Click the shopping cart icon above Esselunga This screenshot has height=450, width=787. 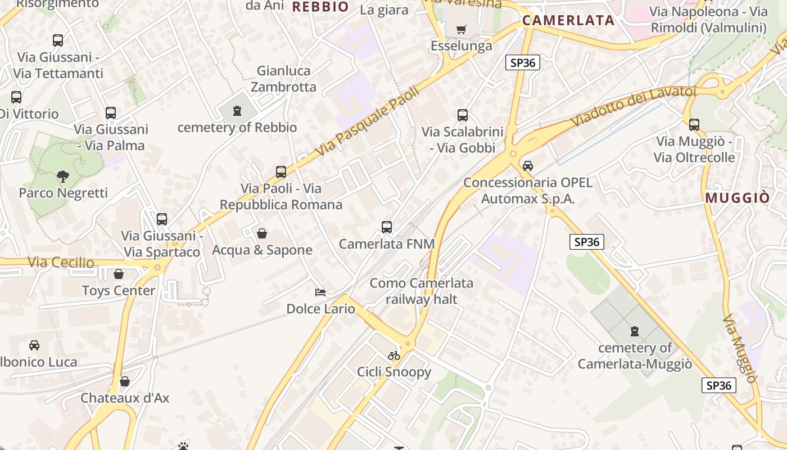coord(462,29)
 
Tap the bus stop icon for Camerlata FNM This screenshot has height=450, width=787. coord(387,227)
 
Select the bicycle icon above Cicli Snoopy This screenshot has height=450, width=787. coord(394,355)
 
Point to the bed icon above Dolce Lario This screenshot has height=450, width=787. coord(320,292)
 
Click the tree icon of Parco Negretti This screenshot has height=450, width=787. coord(62,177)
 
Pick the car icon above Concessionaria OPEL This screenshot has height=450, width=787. coord(527,166)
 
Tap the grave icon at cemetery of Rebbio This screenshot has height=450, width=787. coord(237,111)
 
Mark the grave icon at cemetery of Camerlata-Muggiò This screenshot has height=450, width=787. coord(635,331)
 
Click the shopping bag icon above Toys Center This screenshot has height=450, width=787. coord(119,274)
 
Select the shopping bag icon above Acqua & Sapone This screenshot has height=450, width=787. coord(262,233)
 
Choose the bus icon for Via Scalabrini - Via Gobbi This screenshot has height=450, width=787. coord(463,115)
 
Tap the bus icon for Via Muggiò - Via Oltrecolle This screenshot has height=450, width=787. coord(694,125)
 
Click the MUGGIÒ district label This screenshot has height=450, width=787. coord(738,198)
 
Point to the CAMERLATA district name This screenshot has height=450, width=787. coord(568,21)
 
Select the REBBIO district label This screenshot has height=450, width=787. coord(320,7)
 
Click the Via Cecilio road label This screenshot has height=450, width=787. coord(61,262)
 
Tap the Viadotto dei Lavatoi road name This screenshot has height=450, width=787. coord(633,105)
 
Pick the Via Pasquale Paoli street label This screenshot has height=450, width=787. coord(368,120)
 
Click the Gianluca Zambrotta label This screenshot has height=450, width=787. coord(283,79)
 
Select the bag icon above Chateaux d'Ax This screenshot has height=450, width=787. coord(125,381)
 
